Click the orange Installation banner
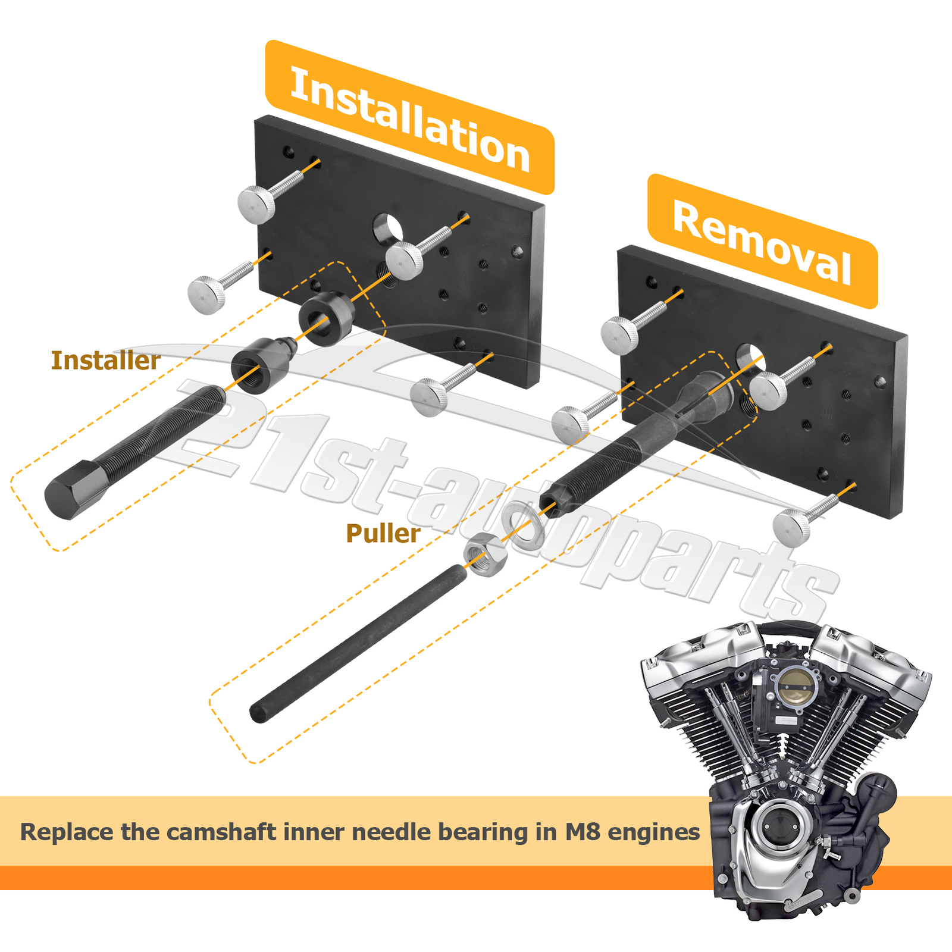pos(410,118)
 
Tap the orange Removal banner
pos(763,242)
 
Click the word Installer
pos(106,361)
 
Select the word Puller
pos(383,534)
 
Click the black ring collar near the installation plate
pos(325,319)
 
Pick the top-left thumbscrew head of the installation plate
pos(256,204)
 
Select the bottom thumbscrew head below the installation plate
pos(429,398)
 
